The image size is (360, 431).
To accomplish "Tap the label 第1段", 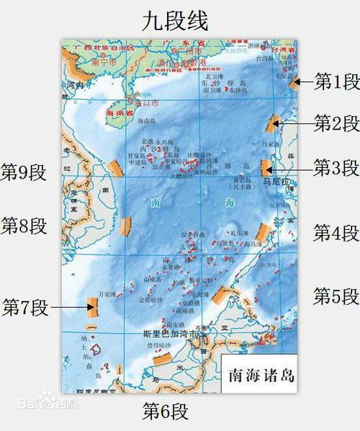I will (336, 81).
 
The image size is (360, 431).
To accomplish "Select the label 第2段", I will (336, 123).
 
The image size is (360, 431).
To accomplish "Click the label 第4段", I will (336, 233).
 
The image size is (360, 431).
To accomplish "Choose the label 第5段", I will (336, 296).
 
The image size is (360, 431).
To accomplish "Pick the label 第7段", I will (25, 307).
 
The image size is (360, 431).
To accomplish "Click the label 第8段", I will (24, 226).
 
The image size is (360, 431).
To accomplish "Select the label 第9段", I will (24, 172).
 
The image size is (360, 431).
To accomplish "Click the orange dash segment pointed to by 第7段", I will (92, 307).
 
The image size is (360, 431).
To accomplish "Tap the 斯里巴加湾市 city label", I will (166, 334).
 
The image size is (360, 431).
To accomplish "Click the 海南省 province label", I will (120, 114).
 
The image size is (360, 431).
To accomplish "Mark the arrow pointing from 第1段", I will (305, 81).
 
